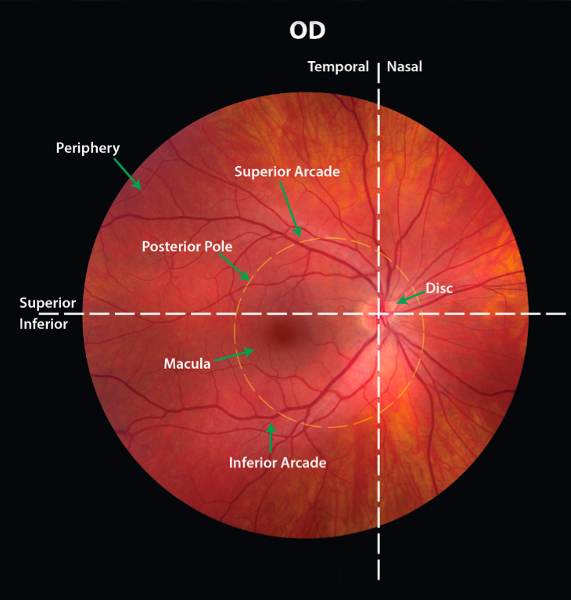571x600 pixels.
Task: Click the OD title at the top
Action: (307, 31)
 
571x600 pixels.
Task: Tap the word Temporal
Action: (338, 67)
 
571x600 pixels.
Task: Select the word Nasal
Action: (404, 67)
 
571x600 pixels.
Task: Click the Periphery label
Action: (88, 147)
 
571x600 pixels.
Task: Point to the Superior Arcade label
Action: (287, 172)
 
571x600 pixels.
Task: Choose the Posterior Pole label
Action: (187, 246)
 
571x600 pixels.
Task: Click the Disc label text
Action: (439, 288)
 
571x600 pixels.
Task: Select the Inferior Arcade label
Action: (277, 463)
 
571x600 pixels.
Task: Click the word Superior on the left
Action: (48, 303)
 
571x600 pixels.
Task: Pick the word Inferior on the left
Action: (43, 323)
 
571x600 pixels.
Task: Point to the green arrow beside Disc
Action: (409, 297)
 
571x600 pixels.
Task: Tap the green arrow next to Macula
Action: (234, 356)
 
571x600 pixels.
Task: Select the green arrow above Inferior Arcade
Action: (271, 437)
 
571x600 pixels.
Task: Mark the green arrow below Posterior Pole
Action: (237, 268)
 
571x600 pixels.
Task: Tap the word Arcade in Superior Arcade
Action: (318, 172)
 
